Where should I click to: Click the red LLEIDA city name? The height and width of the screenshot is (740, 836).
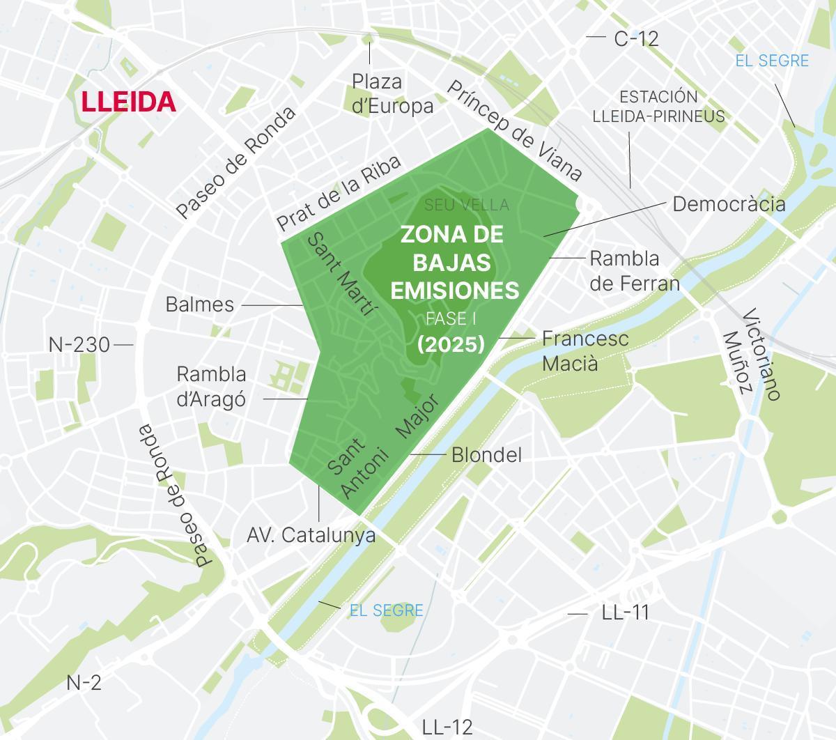point(128,102)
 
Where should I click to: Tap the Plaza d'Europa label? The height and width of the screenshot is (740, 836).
point(392,93)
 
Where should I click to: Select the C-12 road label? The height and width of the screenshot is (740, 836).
point(636,38)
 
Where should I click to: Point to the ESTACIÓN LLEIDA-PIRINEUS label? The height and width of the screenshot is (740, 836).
point(658,107)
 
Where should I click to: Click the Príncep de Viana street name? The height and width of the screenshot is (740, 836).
point(513,130)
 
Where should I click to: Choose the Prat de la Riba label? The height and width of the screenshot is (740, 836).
point(339,193)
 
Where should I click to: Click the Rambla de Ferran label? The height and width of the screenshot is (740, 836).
point(634,270)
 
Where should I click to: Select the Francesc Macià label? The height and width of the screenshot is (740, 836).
point(585,350)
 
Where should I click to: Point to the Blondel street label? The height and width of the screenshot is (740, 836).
point(486,455)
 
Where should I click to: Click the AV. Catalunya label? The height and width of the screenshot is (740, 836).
point(311,535)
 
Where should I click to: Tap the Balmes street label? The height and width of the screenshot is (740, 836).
point(200,305)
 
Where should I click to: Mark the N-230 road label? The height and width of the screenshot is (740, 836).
point(79,344)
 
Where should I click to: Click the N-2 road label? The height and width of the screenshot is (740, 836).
point(84,683)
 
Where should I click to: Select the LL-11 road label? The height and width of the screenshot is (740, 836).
point(625,612)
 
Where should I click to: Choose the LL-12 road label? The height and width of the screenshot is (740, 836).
point(447,727)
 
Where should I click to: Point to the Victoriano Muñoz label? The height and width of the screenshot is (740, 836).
point(750,354)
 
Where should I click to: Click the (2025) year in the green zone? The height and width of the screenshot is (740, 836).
point(451,344)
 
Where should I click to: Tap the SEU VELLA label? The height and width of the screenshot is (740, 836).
point(467,205)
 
